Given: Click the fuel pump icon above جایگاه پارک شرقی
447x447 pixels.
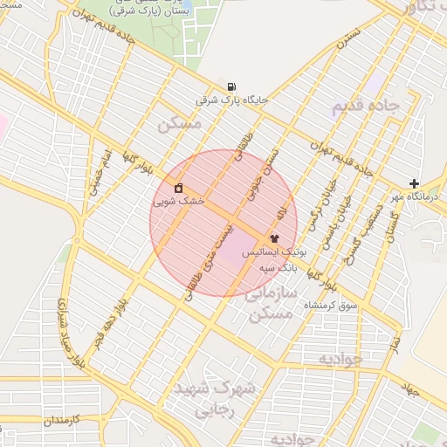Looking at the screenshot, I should [x=230, y=86].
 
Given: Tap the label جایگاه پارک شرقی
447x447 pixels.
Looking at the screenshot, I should [x=230, y=100].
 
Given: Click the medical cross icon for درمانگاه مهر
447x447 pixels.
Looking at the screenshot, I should [x=414, y=183].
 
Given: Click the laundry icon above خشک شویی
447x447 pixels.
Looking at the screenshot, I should [x=178, y=188].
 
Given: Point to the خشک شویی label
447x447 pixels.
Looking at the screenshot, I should [x=178, y=201].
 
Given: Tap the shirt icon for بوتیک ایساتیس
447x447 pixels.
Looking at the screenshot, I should [x=274, y=237].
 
